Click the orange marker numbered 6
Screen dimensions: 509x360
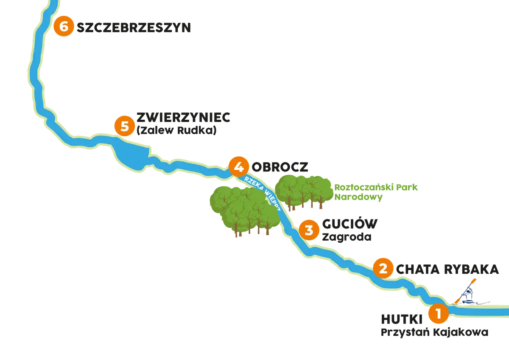pos(64,26)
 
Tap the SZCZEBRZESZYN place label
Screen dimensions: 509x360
pos(134,28)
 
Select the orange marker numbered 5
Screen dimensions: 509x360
pos(125,126)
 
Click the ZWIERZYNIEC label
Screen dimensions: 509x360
pos(183,117)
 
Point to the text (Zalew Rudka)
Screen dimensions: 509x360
pos(176,130)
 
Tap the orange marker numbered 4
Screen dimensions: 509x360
pos(238,167)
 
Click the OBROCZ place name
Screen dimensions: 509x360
pos(280,167)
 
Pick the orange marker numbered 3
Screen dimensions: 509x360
pos(309,230)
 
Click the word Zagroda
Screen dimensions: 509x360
pos(347,237)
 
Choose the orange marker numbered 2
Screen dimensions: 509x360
pos(383,268)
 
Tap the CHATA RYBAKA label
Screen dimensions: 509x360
pos(447,270)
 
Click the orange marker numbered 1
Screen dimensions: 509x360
pos(439,313)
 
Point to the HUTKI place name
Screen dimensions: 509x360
pos(402,319)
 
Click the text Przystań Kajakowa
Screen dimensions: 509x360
pos(434,332)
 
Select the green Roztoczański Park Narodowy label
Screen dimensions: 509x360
pos(376,192)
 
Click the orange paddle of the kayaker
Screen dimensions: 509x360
pos(465,292)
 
